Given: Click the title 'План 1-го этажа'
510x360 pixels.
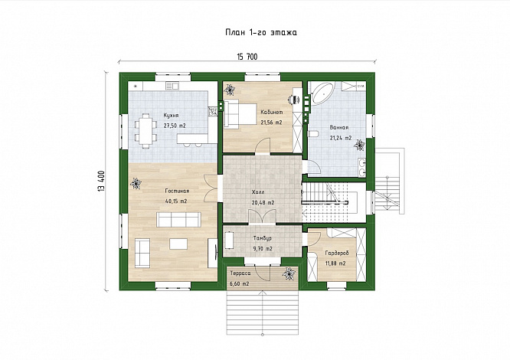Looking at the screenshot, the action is point(261,32).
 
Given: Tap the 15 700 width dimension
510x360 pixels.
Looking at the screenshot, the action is point(247,57).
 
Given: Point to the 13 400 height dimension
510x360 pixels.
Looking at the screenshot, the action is point(101,181).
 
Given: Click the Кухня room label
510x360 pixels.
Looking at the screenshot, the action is point(171,115).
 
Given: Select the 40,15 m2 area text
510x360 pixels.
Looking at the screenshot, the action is point(176,201).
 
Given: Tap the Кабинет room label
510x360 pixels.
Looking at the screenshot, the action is point(272,112).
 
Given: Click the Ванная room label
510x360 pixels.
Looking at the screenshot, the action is point(339,127).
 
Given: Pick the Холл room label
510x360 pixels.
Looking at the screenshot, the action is point(258,192).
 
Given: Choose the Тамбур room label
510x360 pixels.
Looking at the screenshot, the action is point(262,238).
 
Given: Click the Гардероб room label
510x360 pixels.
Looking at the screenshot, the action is point(337,253).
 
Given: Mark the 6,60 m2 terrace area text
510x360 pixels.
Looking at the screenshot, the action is point(240,283).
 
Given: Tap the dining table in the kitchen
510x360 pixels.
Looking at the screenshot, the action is point(146,131).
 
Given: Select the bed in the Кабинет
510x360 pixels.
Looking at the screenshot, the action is point(240,113).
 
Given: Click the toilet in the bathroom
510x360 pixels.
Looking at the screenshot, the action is point(313,134).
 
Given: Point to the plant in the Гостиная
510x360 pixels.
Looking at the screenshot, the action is point(136,183).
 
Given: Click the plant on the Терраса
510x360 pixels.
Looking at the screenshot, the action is point(289,273).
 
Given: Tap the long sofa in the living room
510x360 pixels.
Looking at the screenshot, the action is point(178,220).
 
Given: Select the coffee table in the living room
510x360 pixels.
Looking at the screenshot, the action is point(178,244).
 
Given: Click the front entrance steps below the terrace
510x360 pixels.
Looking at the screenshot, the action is point(262,313).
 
